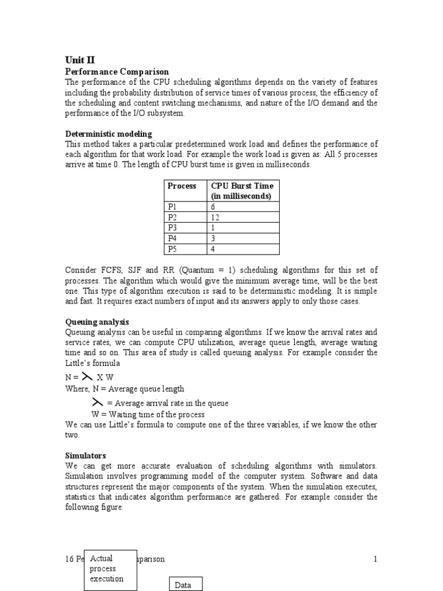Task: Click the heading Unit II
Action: (x=80, y=59)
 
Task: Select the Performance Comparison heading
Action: (x=117, y=71)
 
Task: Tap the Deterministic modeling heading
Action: (x=108, y=134)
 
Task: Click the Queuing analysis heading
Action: (x=97, y=321)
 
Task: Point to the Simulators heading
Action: (x=85, y=455)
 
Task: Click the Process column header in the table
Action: (x=182, y=186)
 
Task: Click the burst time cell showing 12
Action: (x=216, y=218)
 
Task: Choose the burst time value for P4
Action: (x=213, y=238)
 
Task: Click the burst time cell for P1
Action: (x=213, y=207)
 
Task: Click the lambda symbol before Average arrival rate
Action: (x=97, y=402)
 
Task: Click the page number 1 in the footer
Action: (x=375, y=559)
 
